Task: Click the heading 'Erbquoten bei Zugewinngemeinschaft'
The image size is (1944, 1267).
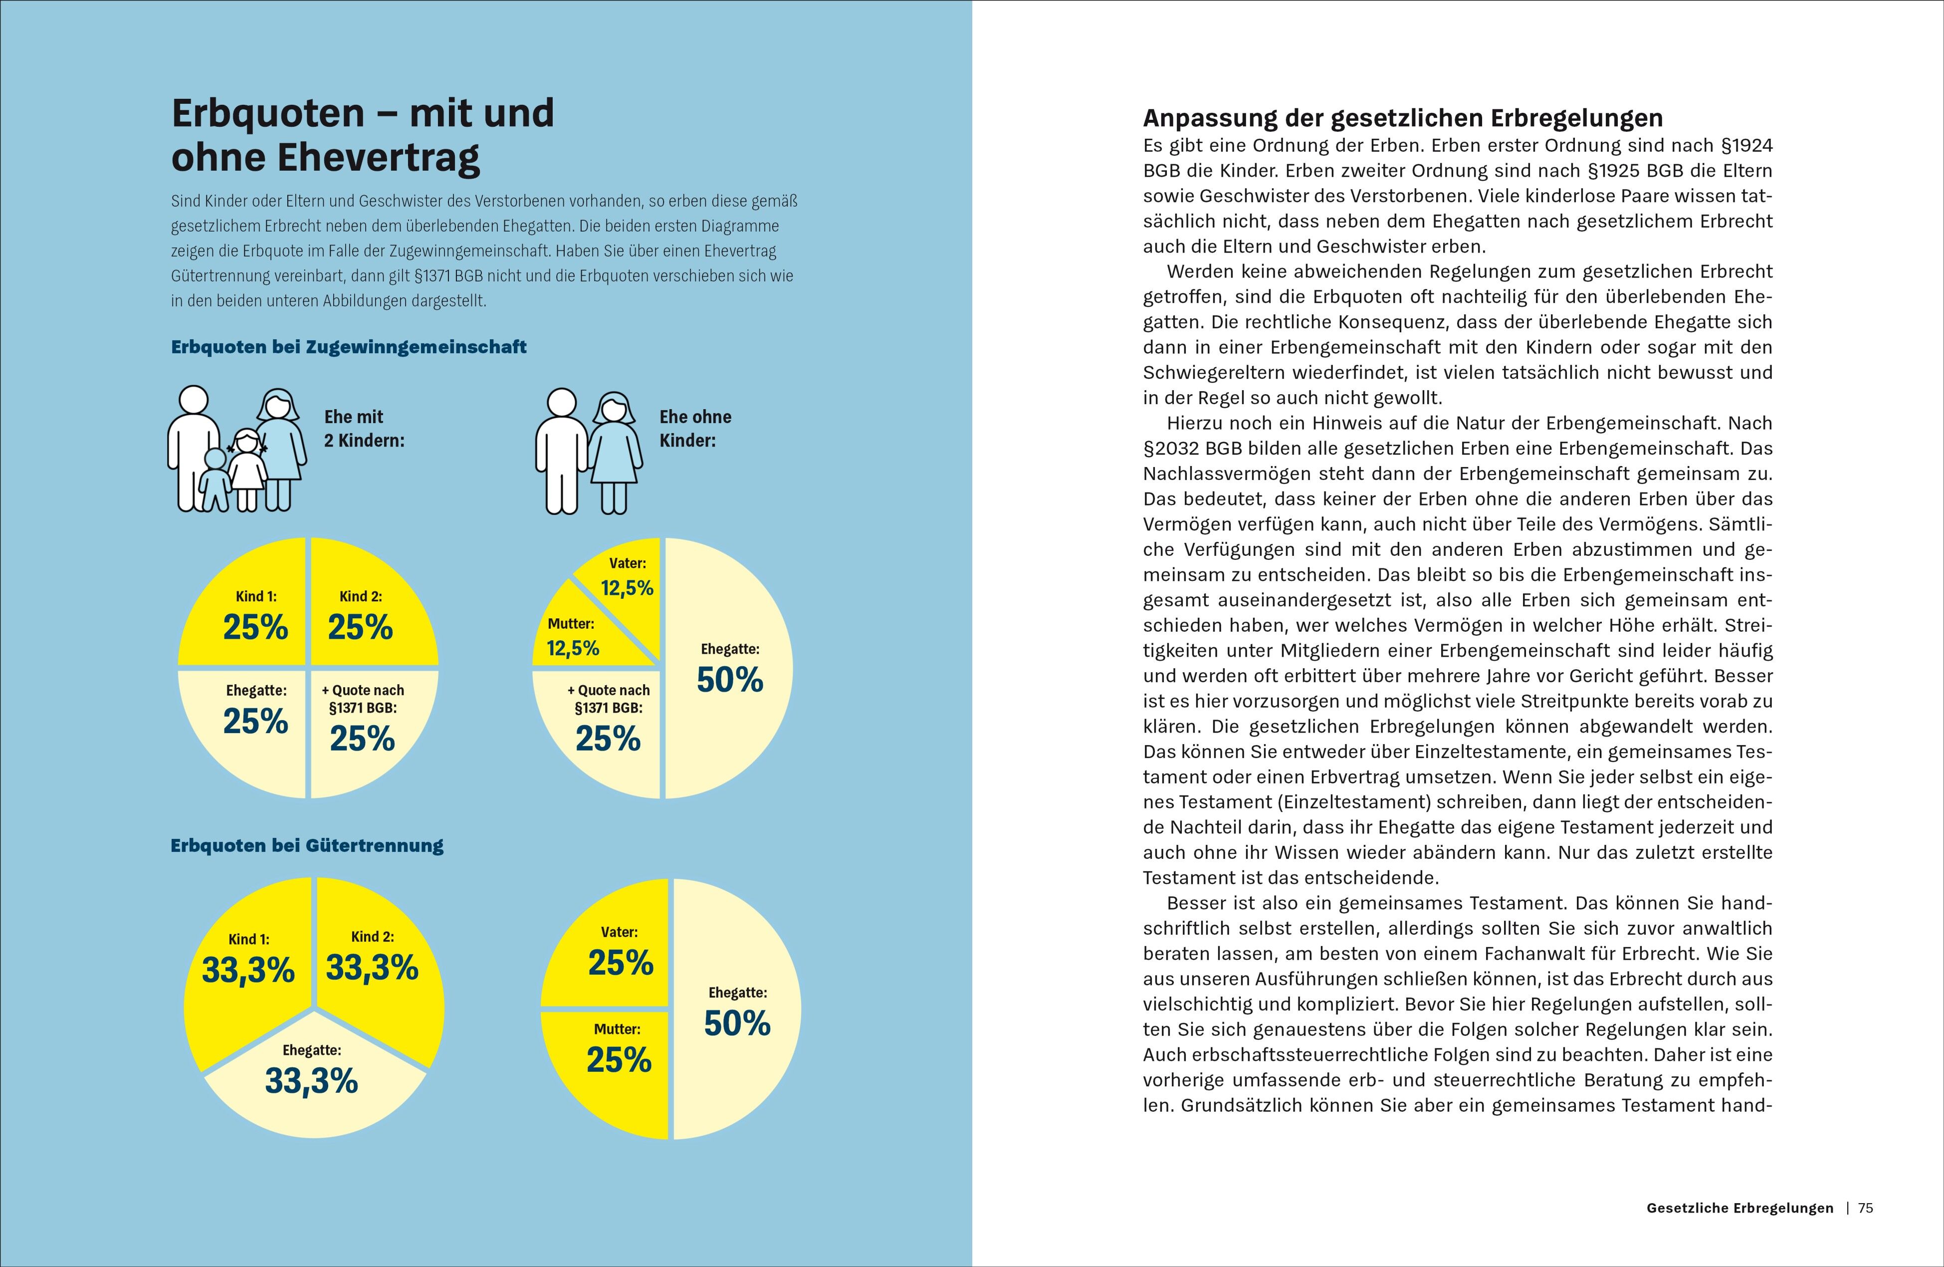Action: click(349, 347)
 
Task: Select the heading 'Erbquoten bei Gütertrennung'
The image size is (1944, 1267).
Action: click(307, 845)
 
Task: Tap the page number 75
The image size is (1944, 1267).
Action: click(1866, 1208)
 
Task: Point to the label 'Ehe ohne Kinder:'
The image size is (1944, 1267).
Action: click(695, 428)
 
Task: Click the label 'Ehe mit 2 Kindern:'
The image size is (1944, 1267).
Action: click(364, 428)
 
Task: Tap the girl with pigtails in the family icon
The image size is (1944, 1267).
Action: click(246, 466)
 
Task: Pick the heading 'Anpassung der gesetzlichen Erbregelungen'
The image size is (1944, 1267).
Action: click(1402, 118)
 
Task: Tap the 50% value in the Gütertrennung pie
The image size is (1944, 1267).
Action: click(737, 1023)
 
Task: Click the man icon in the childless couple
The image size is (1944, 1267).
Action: click(562, 451)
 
